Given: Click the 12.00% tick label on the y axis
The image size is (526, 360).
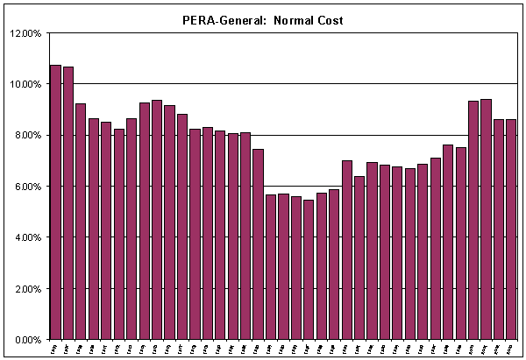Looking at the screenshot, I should [25, 33].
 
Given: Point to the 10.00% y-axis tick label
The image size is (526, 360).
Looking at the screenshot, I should [25, 84].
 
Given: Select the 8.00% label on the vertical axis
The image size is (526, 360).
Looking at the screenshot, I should [27, 135].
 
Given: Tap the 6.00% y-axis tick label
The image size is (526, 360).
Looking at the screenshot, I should [27, 187].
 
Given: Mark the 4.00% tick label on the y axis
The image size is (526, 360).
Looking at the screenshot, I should [27, 237].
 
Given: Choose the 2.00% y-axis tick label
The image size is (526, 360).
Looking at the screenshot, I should [27, 288].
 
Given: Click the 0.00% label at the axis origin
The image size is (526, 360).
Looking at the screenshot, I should [27, 339].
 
